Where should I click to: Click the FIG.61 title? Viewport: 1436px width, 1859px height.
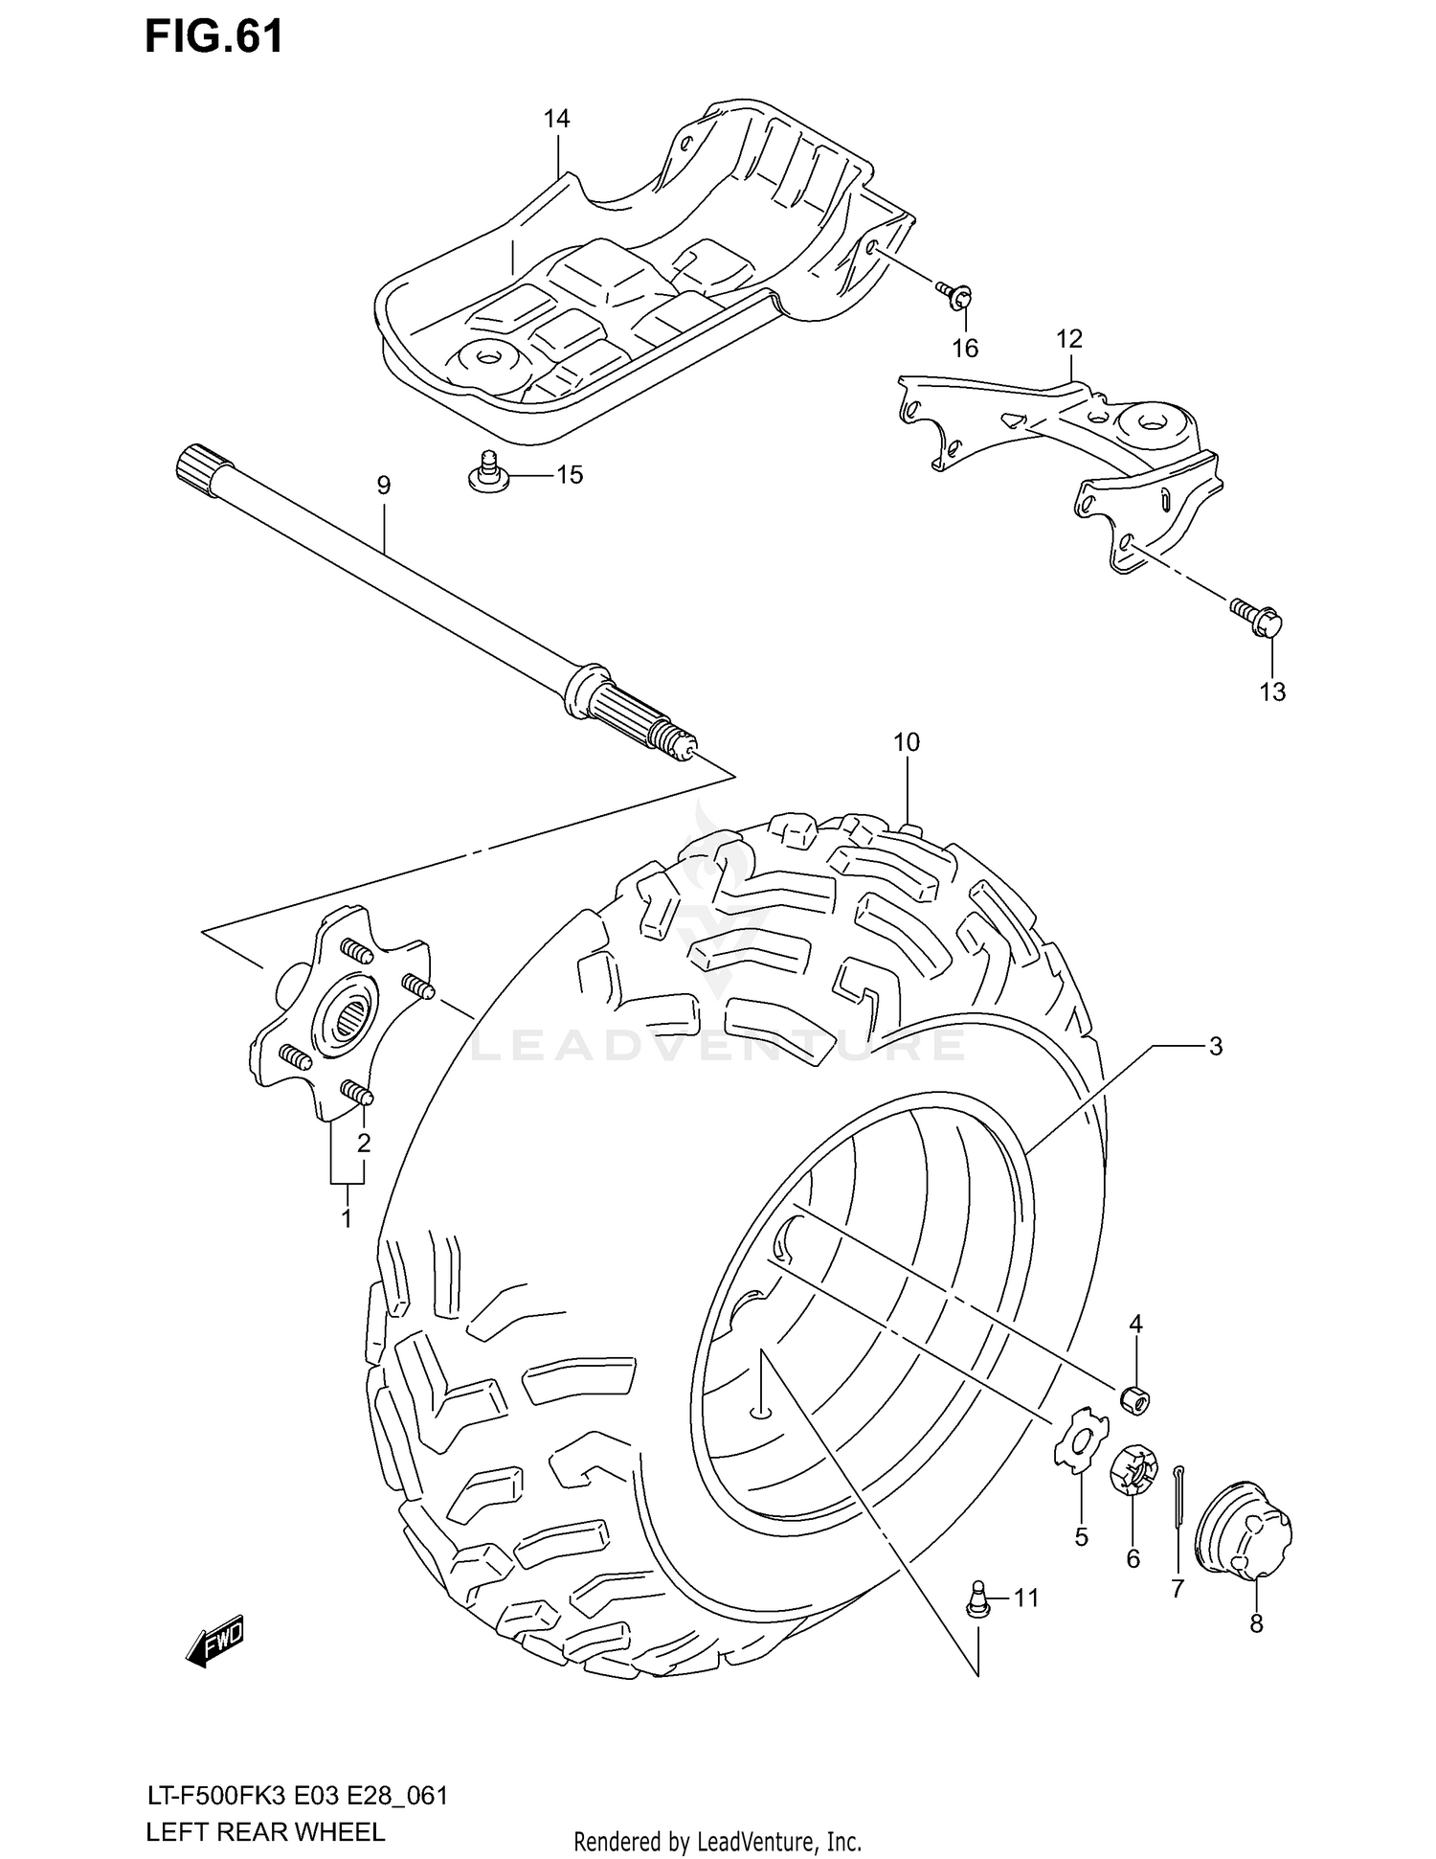213,37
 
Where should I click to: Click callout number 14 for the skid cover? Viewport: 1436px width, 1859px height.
556,119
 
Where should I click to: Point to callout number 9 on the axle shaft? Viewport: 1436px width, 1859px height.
383,486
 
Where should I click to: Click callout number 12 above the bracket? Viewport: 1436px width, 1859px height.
1068,339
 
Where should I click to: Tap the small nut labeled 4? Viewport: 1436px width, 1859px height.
1135,1400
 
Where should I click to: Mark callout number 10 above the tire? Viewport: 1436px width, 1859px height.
906,741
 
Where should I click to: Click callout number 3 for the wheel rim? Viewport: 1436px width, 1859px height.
1215,1047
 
